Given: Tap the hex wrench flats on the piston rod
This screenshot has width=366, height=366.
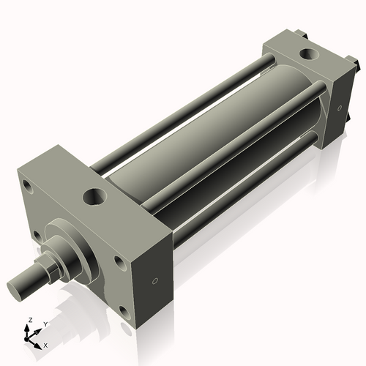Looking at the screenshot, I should click(47, 270).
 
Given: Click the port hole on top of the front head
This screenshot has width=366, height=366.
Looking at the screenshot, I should click(94, 196).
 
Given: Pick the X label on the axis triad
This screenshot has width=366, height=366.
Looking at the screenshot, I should click(45, 344).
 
